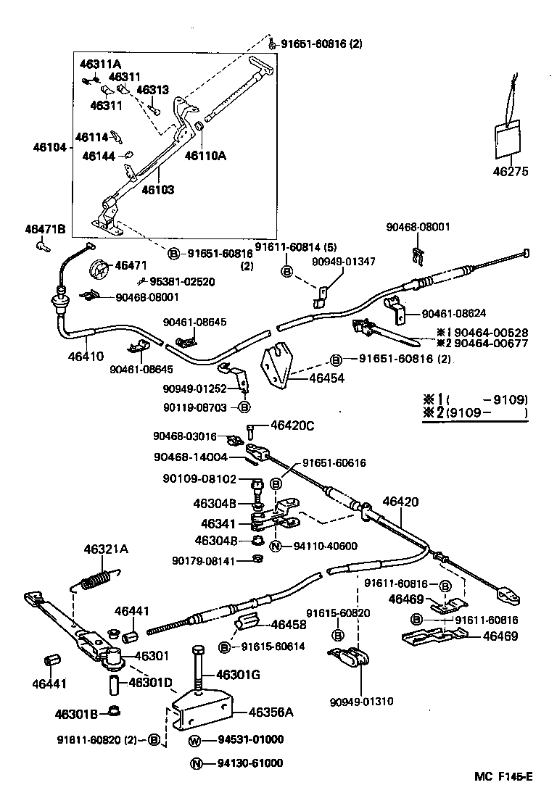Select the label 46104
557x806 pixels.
(49, 147)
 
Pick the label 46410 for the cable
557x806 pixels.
(86, 356)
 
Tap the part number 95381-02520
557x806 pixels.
(182, 281)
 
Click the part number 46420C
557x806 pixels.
(292, 425)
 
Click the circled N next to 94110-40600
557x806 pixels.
(276, 546)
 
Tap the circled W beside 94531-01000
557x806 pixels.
(195, 740)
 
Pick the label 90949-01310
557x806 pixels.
(360, 702)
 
